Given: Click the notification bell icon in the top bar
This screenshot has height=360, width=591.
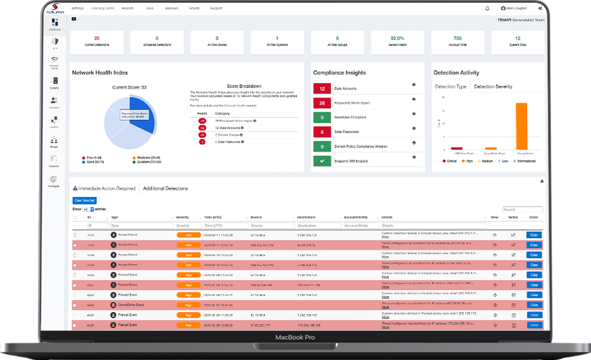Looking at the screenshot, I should (x=487, y=9).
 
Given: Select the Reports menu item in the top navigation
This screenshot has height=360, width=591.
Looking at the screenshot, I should (x=127, y=9).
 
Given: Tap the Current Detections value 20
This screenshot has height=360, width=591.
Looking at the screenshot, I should (x=97, y=38).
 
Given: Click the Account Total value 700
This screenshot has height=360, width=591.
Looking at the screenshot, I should (x=457, y=38).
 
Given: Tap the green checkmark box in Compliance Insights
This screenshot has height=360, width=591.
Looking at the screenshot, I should (x=322, y=160).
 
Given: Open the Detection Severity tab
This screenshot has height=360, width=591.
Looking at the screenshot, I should (x=493, y=87).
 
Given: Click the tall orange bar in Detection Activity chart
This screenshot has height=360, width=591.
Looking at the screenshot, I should (x=521, y=126).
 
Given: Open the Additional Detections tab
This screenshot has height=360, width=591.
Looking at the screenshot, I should (x=165, y=189).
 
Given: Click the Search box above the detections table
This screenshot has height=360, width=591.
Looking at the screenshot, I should (x=514, y=209).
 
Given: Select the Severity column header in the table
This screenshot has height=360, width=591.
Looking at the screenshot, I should (x=183, y=218).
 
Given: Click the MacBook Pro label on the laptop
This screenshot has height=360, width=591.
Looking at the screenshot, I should (x=295, y=338).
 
